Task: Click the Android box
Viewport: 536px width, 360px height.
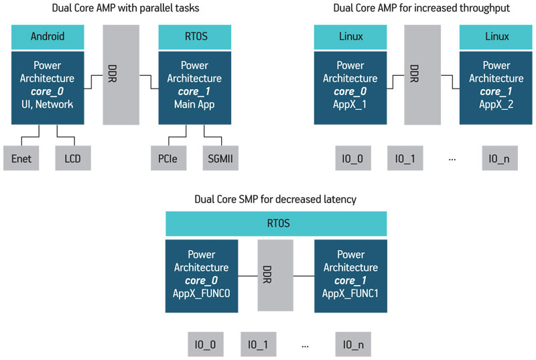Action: pyautogui.click(x=48, y=37)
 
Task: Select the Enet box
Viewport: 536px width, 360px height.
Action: pyautogui.click(x=21, y=158)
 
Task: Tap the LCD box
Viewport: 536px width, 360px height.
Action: pyautogui.click(x=73, y=158)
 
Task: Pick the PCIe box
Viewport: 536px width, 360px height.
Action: pyautogui.click(x=169, y=158)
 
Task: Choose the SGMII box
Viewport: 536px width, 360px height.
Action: pyautogui.click(x=220, y=158)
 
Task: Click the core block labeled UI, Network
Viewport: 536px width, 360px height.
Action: pyautogui.click(x=48, y=88)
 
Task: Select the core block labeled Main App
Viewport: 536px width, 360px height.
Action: pyautogui.click(x=195, y=88)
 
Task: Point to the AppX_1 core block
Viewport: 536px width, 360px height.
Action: pyautogui.click(x=350, y=88)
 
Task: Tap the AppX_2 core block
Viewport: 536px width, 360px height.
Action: pyautogui.click(x=496, y=88)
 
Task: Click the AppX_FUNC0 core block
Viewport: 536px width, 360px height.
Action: pyautogui.click(x=202, y=276)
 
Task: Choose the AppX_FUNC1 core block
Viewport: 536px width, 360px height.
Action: pyautogui.click(x=350, y=276)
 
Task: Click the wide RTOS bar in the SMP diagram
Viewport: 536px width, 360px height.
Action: pyautogui.click(x=276, y=224)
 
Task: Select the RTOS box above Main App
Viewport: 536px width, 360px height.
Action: pyautogui.click(x=195, y=37)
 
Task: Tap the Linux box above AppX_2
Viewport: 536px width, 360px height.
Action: pyautogui.click(x=496, y=37)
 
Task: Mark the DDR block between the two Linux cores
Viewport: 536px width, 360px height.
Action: pyautogui.click(x=423, y=74)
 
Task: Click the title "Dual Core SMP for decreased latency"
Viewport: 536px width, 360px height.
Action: pyautogui.click(x=275, y=199)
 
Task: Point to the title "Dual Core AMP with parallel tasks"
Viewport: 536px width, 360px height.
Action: pyautogui.click(x=125, y=8)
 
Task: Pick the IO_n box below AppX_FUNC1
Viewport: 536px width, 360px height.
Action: pyautogui.click(x=353, y=345)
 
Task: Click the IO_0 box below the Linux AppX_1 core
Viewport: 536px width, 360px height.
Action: pyautogui.click(x=353, y=158)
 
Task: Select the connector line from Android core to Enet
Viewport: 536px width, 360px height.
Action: pyautogui.click(x=30, y=137)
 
